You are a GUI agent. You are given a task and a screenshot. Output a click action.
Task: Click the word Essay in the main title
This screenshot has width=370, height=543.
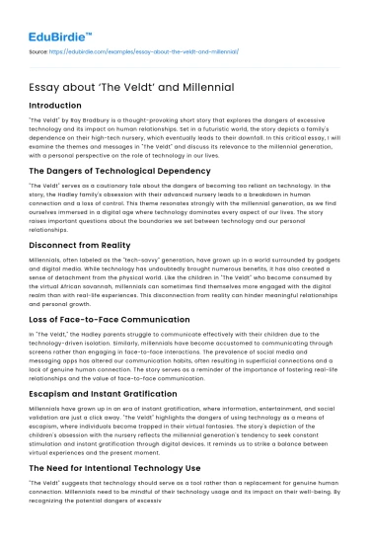pyautogui.click(x=47, y=85)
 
